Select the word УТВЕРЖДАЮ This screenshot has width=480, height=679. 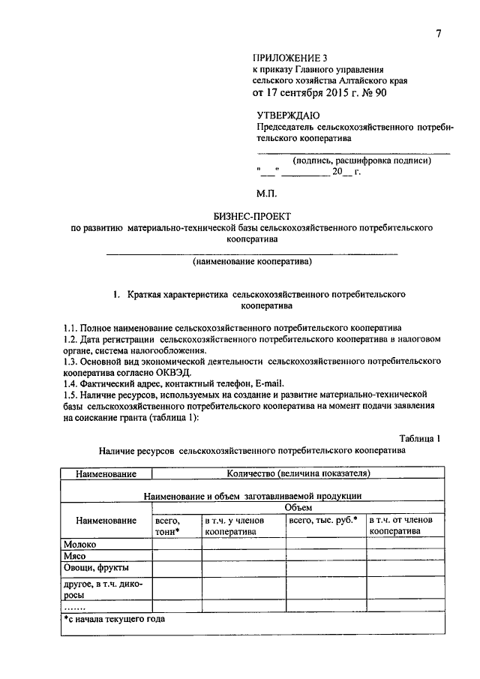pyautogui.click(x=289, y=116)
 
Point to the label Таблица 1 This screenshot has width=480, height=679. pyautogui.click(x=424, y=438)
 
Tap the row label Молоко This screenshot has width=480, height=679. pyautogui.click(x=80, y=545)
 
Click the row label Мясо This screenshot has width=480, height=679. pyautogui.click(x=76, y=556)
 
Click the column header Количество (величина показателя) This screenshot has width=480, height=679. pyautogui.click(x=298, y=473)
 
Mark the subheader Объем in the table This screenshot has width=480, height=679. pyautogui.click(x=298, y=507)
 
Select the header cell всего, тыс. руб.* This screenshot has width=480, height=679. pyautogui.click(x=323, y=519)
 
